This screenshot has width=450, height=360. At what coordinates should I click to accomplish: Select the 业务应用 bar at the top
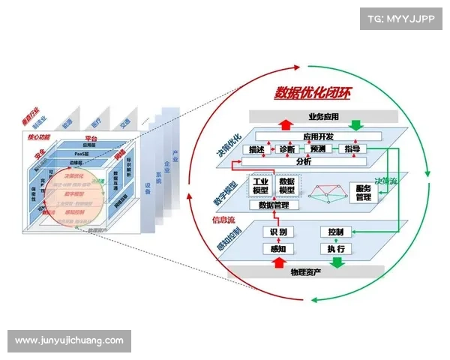tap(322, 116)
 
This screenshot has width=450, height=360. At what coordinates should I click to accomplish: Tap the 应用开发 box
tap(319, 136)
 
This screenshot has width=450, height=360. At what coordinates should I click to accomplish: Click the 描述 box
tap(256, 149)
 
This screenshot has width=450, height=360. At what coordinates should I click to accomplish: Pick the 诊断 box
tap(286, 149)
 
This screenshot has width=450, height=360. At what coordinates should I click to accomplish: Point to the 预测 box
tap(317, 149)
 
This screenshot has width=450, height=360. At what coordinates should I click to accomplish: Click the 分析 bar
tap(304, 161)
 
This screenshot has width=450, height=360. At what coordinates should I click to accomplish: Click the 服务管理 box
tap(363, 193)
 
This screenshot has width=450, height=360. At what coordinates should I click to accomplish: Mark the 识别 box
tap(278, 232)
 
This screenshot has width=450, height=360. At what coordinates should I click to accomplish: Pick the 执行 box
tap(336, 248)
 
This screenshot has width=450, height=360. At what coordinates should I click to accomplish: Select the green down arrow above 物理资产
tap(336, 261)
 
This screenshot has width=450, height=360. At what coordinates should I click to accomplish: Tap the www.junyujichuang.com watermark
tap(69, 340)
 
